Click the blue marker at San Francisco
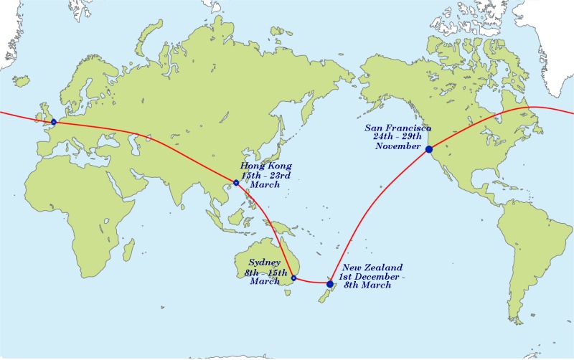coord(429,149)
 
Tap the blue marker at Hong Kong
coord(236,183)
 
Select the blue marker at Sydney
coord(293,278)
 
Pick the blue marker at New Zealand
coord(330,284)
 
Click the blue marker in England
coord(54,122)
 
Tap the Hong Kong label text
coord(265,166)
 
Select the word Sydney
coord(265,262)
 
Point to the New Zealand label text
coord(373,267)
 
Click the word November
coord(397,146)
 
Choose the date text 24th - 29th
coord(397,137)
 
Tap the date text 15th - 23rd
coord(265,176)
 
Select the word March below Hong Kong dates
coord(265,185)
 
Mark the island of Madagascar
coord(128,250)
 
